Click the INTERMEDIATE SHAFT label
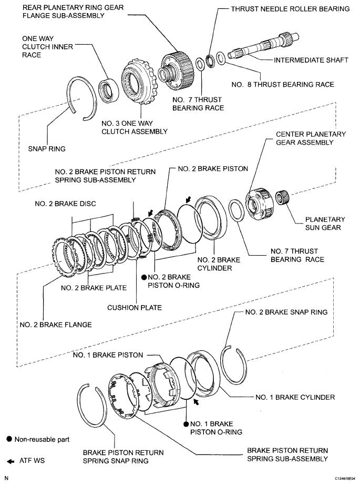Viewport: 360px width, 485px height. [x=311, y=60]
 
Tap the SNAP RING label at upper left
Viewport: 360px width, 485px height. [x=47, y=149]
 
